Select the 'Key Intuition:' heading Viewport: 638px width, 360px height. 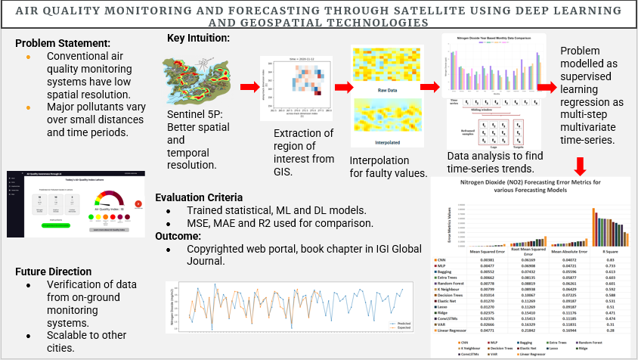[198, 37]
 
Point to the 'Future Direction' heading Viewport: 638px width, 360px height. [53, 271]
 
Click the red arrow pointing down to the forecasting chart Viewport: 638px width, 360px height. [581, 165]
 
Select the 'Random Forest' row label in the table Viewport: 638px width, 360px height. [454, 283]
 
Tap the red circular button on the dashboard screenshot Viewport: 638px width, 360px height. [138, 203]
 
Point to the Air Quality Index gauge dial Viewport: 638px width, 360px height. [112, 200]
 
